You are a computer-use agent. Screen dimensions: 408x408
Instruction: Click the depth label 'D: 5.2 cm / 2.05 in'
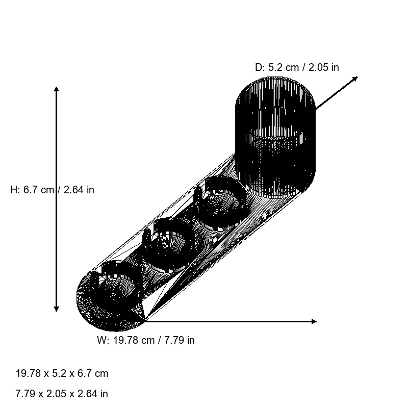point(297,67)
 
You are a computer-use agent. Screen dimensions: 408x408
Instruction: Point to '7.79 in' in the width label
point(179,340)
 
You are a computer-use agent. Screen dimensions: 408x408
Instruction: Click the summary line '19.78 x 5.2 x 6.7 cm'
point(62,373)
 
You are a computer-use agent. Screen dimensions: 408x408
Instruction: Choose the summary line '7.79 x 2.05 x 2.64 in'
point(62,394)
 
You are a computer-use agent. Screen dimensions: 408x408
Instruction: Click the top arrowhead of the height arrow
point(56,90)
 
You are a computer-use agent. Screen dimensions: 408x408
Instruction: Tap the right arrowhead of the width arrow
point(314,321)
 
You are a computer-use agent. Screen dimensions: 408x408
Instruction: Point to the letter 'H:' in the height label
point(15,190)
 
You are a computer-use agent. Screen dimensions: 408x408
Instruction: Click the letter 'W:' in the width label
point(103,340)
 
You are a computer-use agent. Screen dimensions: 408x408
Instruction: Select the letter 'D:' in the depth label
point(260,67)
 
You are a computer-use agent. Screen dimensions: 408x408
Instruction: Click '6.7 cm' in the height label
point(39,190)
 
